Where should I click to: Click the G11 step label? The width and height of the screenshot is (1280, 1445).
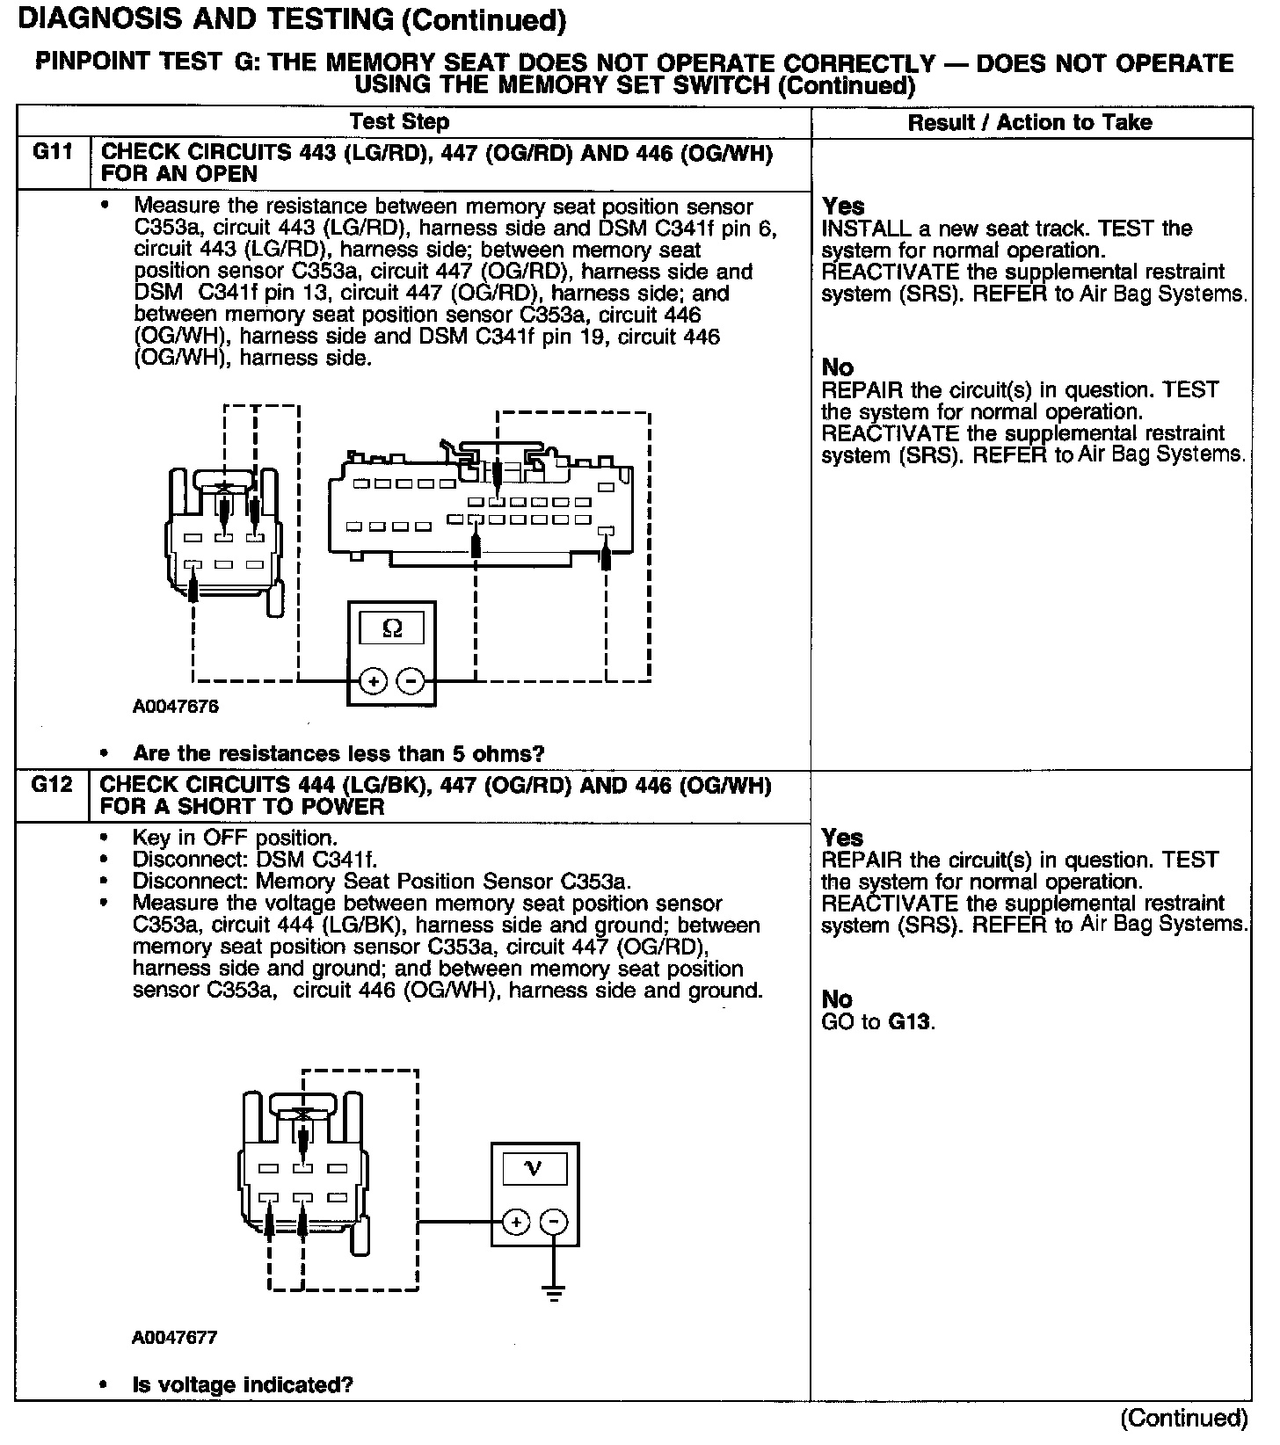pyautogui.click(x=52, y=152)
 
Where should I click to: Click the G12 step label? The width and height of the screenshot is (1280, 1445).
pyautogui.click(x=52, y=784)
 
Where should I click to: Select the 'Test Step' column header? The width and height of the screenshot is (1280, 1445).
pyautogui.click(x=399, y=122)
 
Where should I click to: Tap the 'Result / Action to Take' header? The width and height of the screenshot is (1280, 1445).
pyautogui.click(x=1029, y=122)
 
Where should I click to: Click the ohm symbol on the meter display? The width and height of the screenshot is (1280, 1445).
pyautogui.click(x=393, y=628)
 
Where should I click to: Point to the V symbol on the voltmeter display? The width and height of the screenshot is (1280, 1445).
pyautogui.click(x=534, y=1167)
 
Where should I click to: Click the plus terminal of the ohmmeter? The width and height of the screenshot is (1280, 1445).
pyautogui.click(x=373, y=680)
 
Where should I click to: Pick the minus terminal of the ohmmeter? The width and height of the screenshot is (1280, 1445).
pyautogui.click(x=411, y=680)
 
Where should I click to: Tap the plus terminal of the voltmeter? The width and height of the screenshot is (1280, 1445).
pyautogui.click(x=516, y=1222)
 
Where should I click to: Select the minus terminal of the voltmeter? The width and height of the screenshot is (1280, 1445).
pyautogui.click(x=554, y=1222)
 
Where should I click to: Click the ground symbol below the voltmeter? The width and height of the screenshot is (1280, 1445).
pyautogui.click(x=554, y=1292)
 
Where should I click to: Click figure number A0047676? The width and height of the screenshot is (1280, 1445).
pyautogui.click(x=176, y=707)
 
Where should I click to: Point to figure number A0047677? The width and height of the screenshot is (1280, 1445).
pyautogui.click(x=175, y=1338)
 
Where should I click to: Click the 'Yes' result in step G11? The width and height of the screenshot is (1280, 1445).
pyautogui.click(x=843, y=207)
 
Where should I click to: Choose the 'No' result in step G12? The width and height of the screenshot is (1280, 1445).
pyautogui.click(x=837, y=999)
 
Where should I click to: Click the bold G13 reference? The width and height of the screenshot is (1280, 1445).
pyautogui.click(x=910, y=1021)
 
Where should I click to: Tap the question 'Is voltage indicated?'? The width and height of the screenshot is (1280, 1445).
pyautogui.click(x=243, y=1385)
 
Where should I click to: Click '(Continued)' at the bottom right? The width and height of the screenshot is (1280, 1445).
pyautogui.click(x=1183, y=1418)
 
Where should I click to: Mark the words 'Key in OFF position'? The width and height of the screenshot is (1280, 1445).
pyautogui.click(x=235, y=838)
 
